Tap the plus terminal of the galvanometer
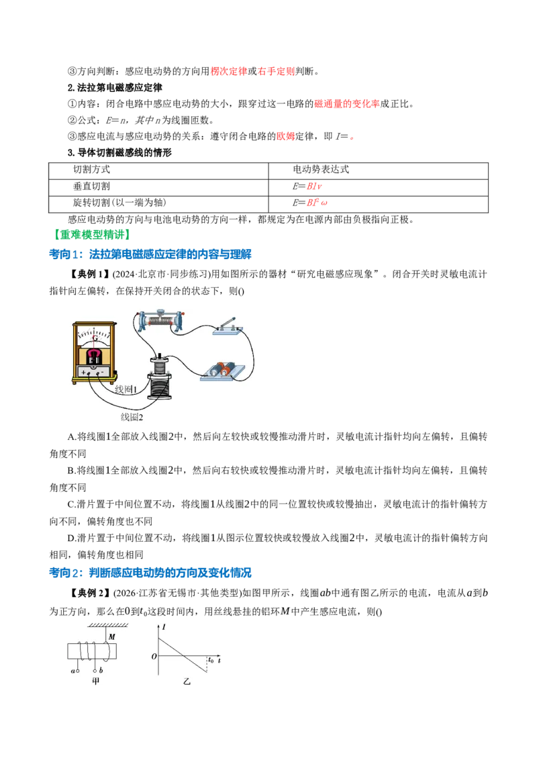(x=84, y=372)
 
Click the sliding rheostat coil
(x=160, y=322)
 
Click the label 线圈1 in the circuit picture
(x=126, y=389)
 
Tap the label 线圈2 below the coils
(x=132, y=417)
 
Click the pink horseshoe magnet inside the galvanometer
(x=95, y=353)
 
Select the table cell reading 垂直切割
(x=91, y=186)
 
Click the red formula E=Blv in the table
(x=307, y=186)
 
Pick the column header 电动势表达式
(x=321, y=169)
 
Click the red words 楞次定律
(x=229, y=71)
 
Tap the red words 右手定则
(x=277, y=71)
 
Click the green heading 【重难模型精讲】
(x=92, y=235)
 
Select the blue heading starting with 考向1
(x=150, y=254)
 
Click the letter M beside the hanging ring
(x=112, y=636)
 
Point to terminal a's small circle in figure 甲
(x=77, y=671)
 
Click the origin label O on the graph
(x=154, y=657)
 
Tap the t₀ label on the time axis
(x=211, y=660)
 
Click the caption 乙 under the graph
(x=187, y=681)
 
